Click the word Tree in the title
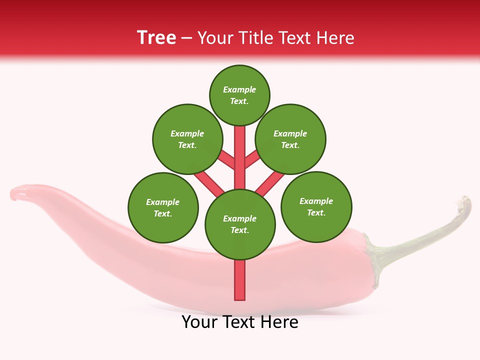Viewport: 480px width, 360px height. [156, 38]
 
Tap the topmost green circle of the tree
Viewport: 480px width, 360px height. [239, 95]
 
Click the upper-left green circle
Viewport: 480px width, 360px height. [187, 139]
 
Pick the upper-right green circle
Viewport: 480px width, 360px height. [290, 139]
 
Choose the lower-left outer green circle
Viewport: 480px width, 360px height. [163, 207]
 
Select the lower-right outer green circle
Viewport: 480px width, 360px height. [316, 206]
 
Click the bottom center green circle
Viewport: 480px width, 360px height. [240, 224]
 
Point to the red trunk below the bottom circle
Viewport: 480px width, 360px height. [240, 280]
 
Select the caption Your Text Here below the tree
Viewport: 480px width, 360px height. [240, 322]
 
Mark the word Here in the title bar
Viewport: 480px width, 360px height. [335, 38]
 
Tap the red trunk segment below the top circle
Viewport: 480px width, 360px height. [240, 150]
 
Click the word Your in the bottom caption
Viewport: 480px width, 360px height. [200, 322]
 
